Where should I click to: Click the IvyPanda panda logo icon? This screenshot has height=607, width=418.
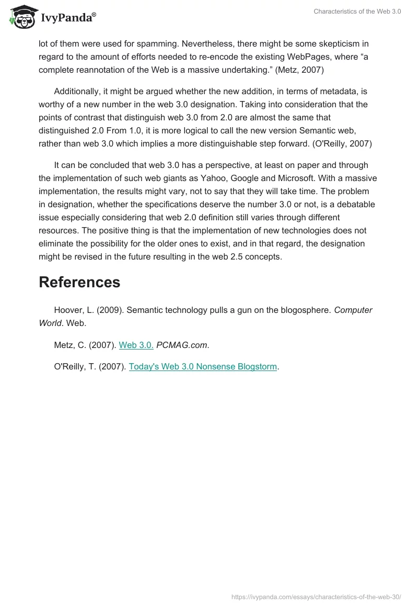pyautogui.click(x=21, y=18)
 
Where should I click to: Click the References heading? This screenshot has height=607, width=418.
pyautogui.click(x=79, y=283)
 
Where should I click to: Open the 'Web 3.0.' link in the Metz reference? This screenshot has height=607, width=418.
pyautogui.click(x=136, y=345)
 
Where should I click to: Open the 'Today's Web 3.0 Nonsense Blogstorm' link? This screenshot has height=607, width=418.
pyautogui.click(x=203, y=367)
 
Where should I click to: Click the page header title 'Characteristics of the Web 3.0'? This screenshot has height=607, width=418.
pyautogui.click(x=357, y=12)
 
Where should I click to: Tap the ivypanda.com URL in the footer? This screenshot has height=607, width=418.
pyautogui.click(x=316, y=596)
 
